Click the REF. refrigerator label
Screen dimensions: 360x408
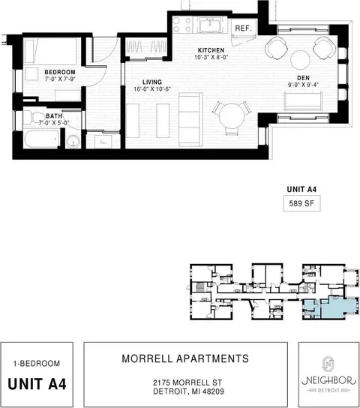[x=244, y=28]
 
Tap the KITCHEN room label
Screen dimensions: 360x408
[x=211, y=50]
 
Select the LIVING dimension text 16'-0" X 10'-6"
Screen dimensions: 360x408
[x=152, y=89]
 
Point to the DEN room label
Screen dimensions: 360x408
[x=303, y=78]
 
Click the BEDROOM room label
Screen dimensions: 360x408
[x=60, y=72]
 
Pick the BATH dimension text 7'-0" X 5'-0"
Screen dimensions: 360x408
[x=54, y=123]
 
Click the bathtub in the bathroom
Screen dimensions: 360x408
[x=41, y=139]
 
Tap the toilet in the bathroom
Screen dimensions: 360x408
[x=34, y=118]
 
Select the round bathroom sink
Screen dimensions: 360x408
[x=73, y=142]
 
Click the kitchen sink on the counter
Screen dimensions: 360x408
[x=210, y=25]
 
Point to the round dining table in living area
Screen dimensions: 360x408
[x=232, y=116]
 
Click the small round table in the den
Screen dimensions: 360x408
[x=301, y=60]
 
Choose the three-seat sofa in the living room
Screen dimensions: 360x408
[x=190, y=119]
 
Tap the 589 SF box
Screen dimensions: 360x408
[x=301, y=203]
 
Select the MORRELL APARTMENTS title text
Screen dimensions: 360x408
[x=185, y=358]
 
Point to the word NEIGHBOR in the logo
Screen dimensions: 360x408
[x=328, y=380]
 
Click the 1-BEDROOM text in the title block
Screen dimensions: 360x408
[x=37, y=363]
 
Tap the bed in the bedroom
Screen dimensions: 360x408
[x=51, y=51]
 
